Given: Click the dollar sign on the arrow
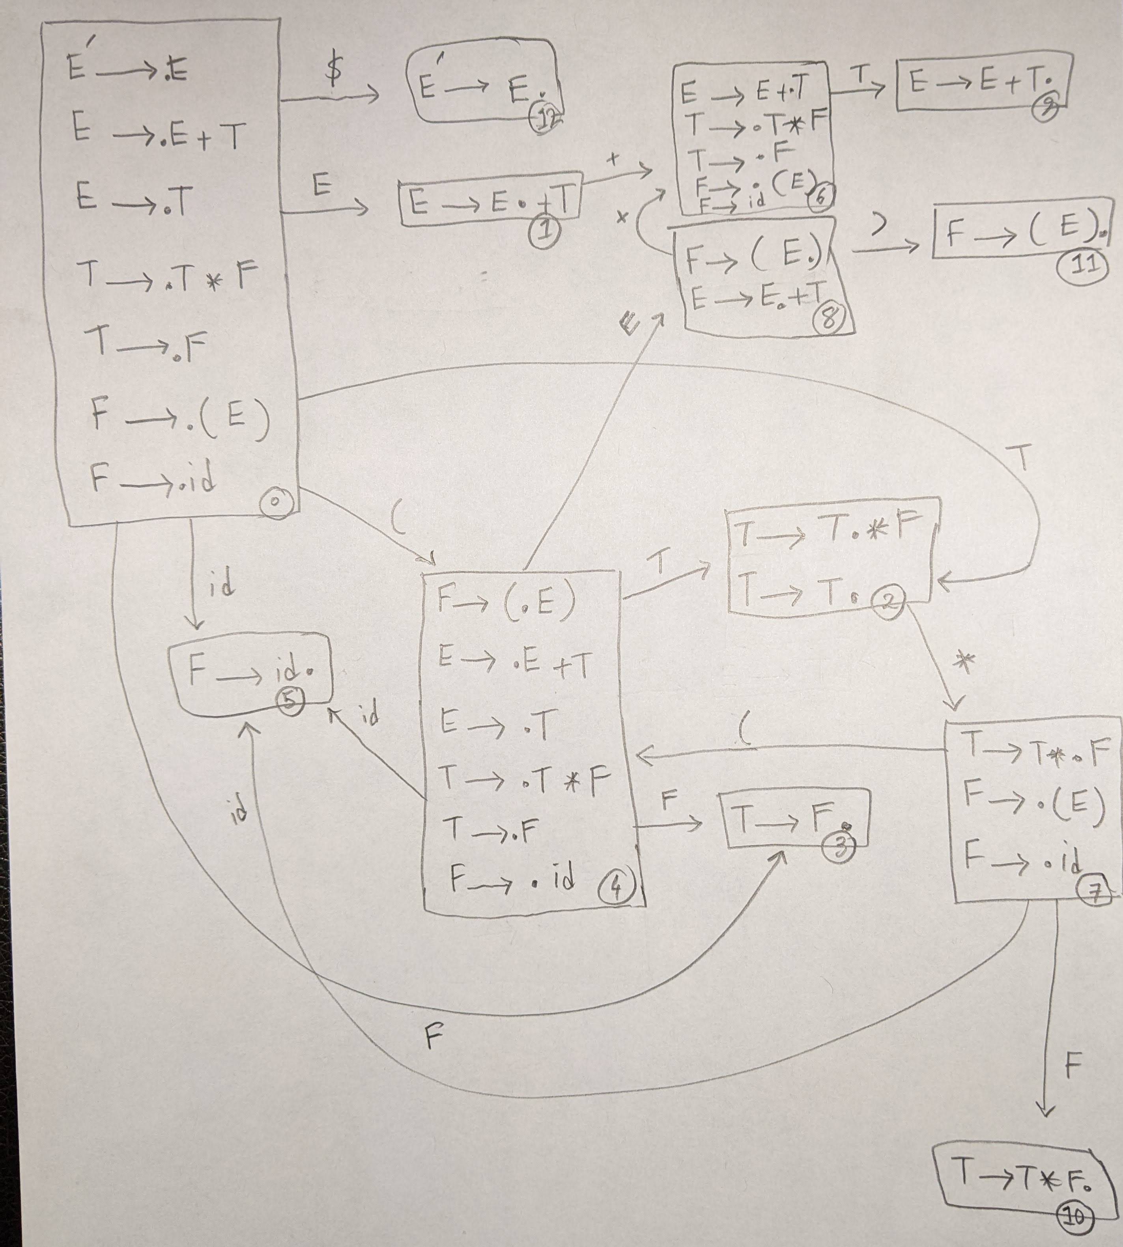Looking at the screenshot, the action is pos(333,72).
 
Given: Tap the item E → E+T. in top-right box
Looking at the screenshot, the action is pos(981,81).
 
